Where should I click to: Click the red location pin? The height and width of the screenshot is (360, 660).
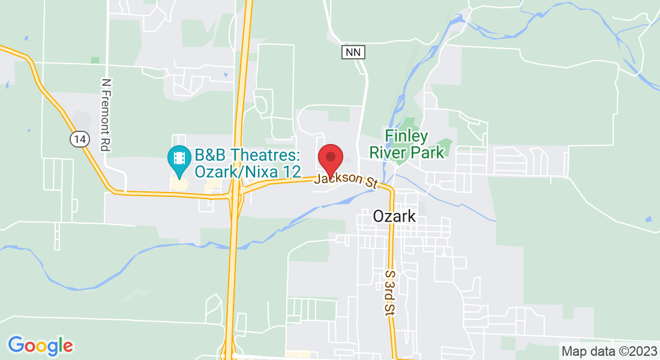[x=330, y=157]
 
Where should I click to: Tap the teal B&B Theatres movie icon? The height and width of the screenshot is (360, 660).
[x=179, y=157]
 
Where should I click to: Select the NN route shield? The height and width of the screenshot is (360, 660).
[x=354, y=52]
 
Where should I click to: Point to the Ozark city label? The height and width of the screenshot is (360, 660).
[x=394, y=216]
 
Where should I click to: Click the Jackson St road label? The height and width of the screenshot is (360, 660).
[x=346, y=179]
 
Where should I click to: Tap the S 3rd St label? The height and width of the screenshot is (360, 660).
[x=390, y=292]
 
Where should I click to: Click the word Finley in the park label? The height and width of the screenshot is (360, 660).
[x=406, y=136]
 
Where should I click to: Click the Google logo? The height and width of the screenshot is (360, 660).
[x=40, y=346]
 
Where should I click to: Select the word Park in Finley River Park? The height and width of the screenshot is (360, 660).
[x=427, y=152]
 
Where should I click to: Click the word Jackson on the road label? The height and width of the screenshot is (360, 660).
[x=333, y=178]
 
